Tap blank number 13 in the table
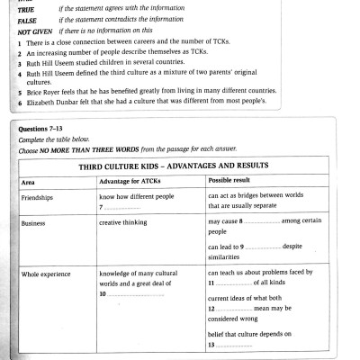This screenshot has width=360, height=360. (x=230, y=345)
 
